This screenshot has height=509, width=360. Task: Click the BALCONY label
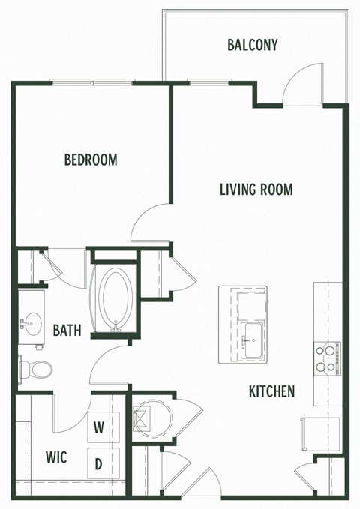252,45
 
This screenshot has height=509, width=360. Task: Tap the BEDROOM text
90,160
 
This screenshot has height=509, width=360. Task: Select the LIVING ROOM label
256,189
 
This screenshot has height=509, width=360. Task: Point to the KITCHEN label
271,391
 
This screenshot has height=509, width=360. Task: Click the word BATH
67,330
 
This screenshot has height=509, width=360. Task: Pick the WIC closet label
55,457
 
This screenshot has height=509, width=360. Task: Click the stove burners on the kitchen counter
327,358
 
